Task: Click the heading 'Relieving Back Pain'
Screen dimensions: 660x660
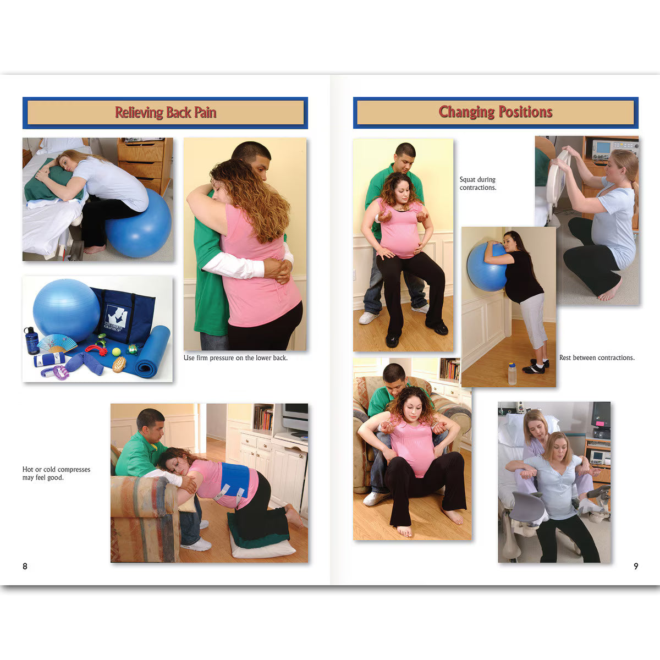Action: click(165, 113)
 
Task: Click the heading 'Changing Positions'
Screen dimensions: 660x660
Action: click(495, 112)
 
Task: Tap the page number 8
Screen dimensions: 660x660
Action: click(25, 566)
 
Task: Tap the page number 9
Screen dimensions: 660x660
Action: click(636, 566)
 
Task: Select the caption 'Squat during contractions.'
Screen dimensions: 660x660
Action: click(477, 184)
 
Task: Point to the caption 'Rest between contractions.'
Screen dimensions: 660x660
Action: click(597, 358)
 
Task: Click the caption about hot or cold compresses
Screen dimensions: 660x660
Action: click(56, 474)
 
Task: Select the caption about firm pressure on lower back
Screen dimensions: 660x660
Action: click(235, 358)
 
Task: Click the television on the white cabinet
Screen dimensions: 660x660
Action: click(295, 419)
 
